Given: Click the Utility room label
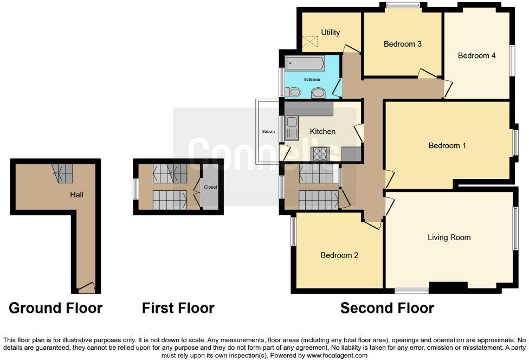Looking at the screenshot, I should coord(330,33).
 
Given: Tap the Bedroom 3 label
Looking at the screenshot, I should coord(402,44).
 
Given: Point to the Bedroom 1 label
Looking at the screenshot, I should coord(447,145).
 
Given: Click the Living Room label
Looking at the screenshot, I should coord(449,237).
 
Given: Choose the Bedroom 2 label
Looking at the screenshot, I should coord(339,255).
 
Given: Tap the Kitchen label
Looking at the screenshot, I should coord(322,131).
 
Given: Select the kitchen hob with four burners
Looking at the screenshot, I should coord(319,154).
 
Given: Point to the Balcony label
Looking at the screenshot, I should coord(269,132).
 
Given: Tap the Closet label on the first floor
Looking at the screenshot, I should coord(210,187).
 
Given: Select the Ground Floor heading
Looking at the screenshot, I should coord(55,308).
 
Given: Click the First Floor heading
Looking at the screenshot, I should coord(178,308).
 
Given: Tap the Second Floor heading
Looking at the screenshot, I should coord(387,308).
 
